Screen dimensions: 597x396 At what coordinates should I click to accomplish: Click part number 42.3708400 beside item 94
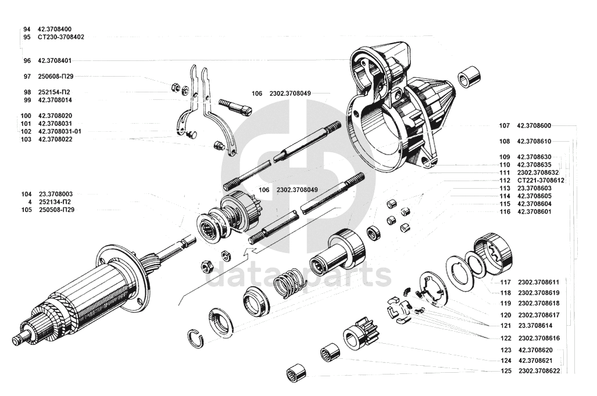click(55, 29)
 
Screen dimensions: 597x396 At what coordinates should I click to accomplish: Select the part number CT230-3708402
click(61, 37)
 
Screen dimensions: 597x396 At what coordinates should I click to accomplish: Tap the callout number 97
click(27, 77)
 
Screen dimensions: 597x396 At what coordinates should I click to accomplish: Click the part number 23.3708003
click(56, 195)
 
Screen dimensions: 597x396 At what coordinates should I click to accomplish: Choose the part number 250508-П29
click(57, 210)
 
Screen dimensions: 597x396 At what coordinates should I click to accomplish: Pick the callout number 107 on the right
click(504, 126)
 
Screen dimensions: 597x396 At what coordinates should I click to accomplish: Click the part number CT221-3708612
click(541, 181)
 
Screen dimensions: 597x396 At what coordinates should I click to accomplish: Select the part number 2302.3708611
click(539, 283)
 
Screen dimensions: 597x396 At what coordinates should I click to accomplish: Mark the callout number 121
click(506, 326)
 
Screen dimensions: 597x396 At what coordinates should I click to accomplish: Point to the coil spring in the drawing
click(289, 282)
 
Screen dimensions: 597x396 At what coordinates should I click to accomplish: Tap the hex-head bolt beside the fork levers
click(235, 107)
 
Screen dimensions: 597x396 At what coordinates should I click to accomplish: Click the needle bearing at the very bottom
click(298, 373)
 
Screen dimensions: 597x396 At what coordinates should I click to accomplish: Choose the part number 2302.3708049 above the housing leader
click(290, 93)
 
